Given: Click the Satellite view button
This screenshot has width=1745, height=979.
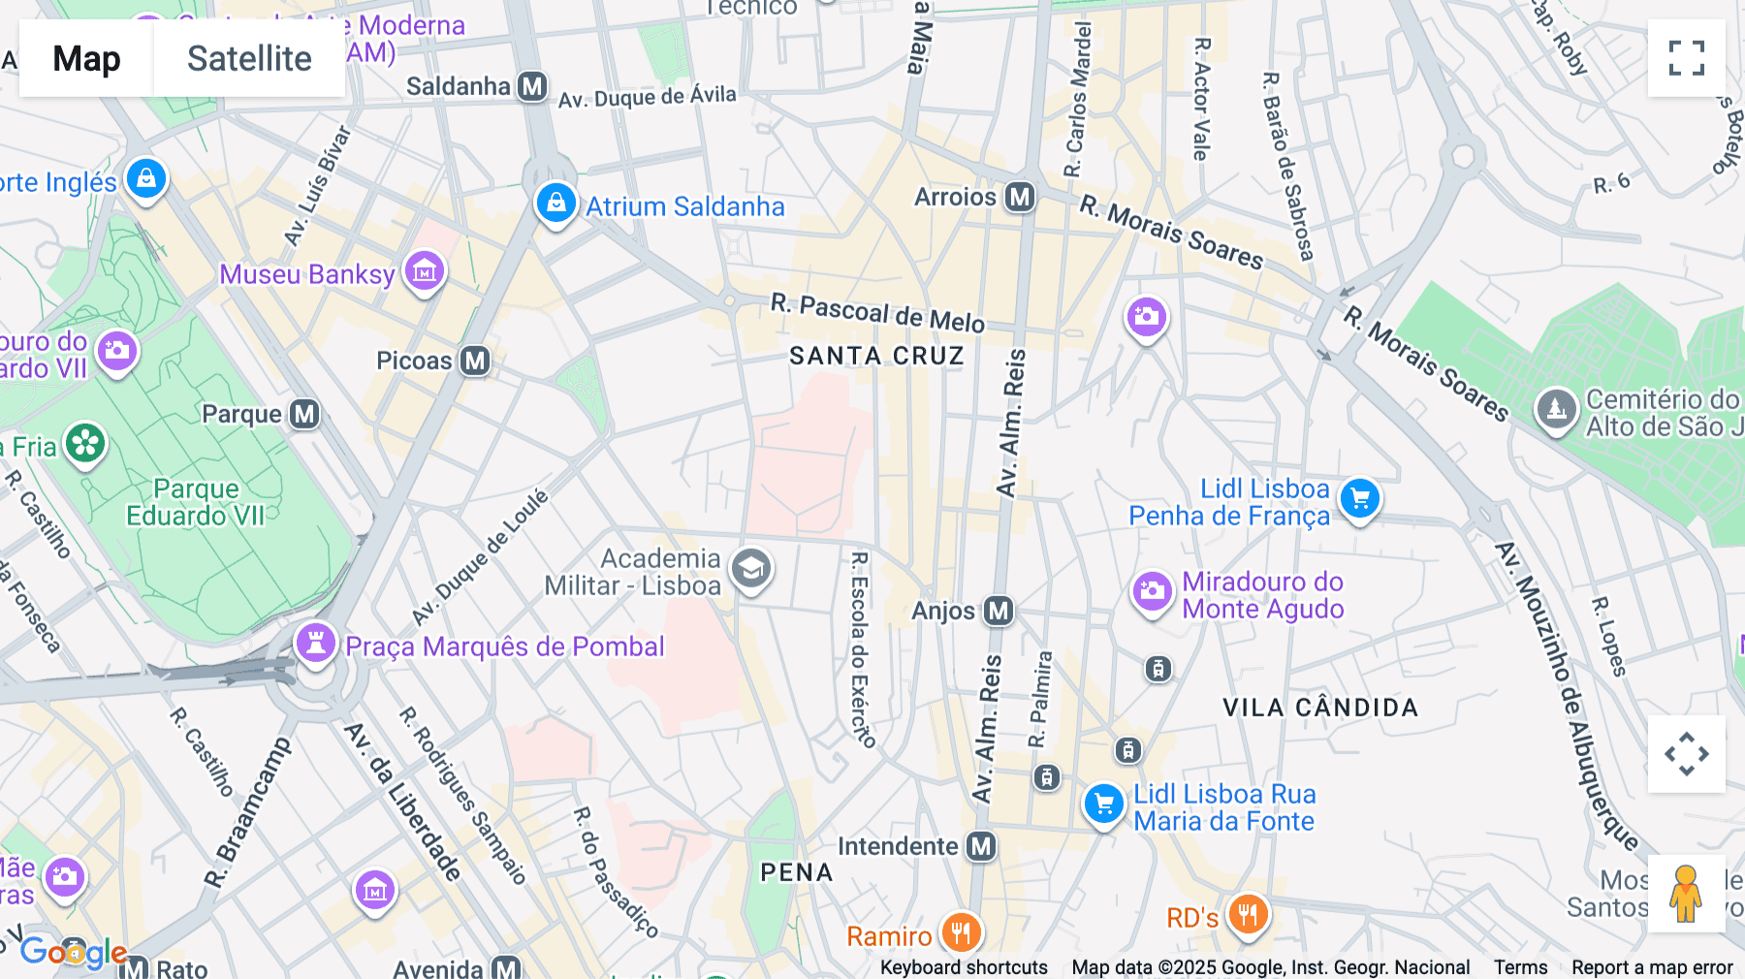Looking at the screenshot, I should click(249, 58).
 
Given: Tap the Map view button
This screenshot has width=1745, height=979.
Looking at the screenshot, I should click(86, 58).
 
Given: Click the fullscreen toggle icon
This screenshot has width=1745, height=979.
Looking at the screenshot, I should click(1686, 58).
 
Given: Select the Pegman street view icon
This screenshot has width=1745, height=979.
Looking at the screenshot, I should click(1686, 894).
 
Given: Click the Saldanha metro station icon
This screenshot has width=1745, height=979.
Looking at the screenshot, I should click(532, 86).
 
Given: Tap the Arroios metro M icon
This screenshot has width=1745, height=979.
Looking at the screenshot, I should click(1020, 197).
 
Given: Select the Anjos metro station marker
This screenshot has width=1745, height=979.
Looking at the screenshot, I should click(999, 611).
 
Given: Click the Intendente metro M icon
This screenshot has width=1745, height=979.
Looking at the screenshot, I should click(982, 846).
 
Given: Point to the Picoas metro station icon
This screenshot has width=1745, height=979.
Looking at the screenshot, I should click(475, 361).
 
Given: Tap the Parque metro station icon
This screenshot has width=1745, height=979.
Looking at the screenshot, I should click(304, 414).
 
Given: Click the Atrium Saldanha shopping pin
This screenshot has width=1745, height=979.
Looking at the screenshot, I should click(556, 204).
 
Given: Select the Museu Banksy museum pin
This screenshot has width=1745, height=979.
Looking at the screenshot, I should click(425, 271).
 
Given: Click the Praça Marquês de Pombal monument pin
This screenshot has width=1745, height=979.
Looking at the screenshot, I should click(315, 643).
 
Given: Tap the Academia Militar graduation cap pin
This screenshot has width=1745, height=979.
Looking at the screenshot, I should click(751, 569).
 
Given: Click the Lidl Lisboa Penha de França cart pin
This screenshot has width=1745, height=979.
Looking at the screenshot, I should click(1360, 499).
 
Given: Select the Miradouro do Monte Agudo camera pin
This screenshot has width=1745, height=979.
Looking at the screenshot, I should click(1153, 590).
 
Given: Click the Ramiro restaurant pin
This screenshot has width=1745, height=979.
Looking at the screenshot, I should click(961, 933).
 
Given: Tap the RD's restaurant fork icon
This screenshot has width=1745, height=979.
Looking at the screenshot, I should click(1248, 914).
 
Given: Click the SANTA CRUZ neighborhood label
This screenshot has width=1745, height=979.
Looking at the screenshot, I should click(876, 356).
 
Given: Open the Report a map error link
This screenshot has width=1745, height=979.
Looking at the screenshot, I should click(1651, 967).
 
